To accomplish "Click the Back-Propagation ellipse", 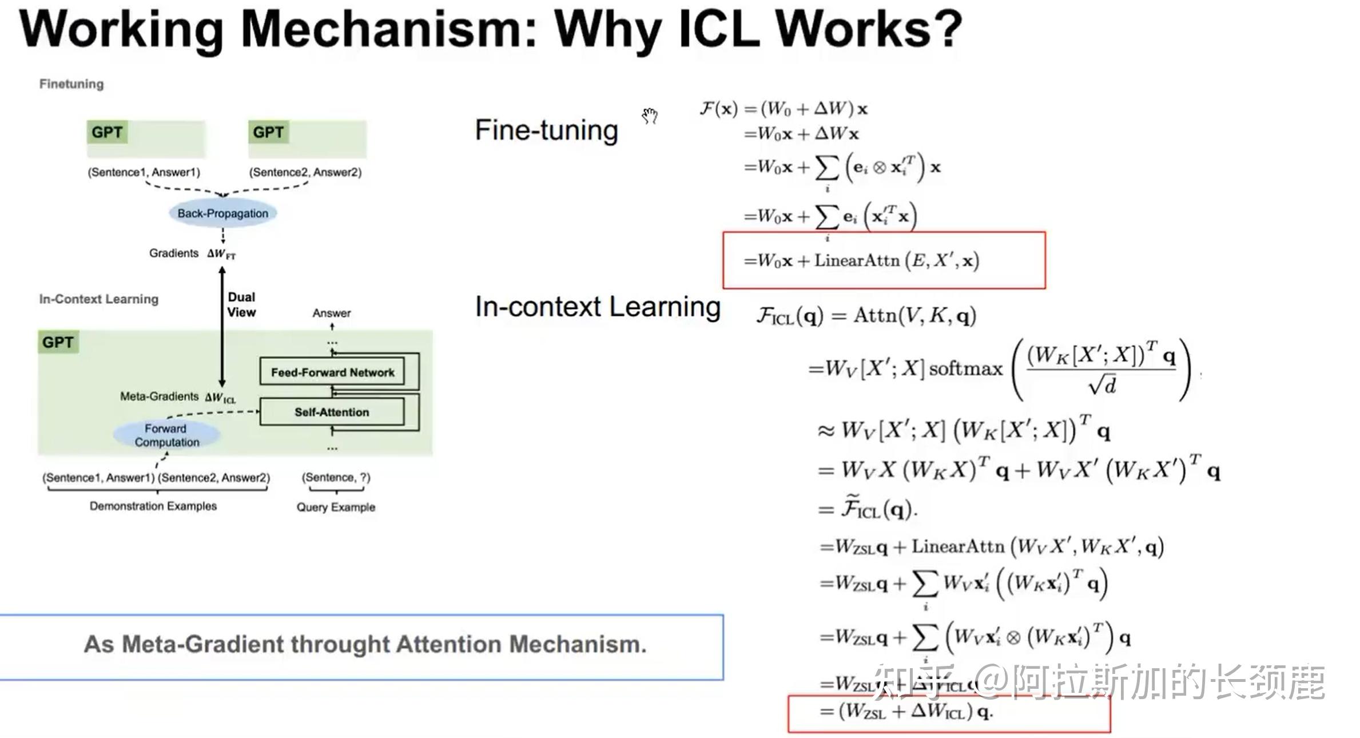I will coord(222,213).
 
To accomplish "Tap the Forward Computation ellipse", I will coord(166,435).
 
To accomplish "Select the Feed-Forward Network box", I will coord(332,372).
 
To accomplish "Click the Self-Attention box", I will coord(332,412).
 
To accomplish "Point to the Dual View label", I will coord(241,304).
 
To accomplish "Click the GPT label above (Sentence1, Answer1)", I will coord(107,132).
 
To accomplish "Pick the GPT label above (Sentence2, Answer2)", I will coord(268,132).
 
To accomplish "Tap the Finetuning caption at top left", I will coord(71,84).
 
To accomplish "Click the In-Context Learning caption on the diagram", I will coord(98,299).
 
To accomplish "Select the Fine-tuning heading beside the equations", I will coord(546,130).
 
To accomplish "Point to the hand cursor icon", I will coord(650,116).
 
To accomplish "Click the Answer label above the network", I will coord(332,313).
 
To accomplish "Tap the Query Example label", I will coord(336,507).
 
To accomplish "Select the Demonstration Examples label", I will coord(153,506).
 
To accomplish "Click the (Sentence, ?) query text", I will coord(336,477).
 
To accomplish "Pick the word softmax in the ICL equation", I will coord(965,369).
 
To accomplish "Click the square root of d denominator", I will coord(1102,386).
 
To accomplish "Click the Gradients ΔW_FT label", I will coord(192,253).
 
